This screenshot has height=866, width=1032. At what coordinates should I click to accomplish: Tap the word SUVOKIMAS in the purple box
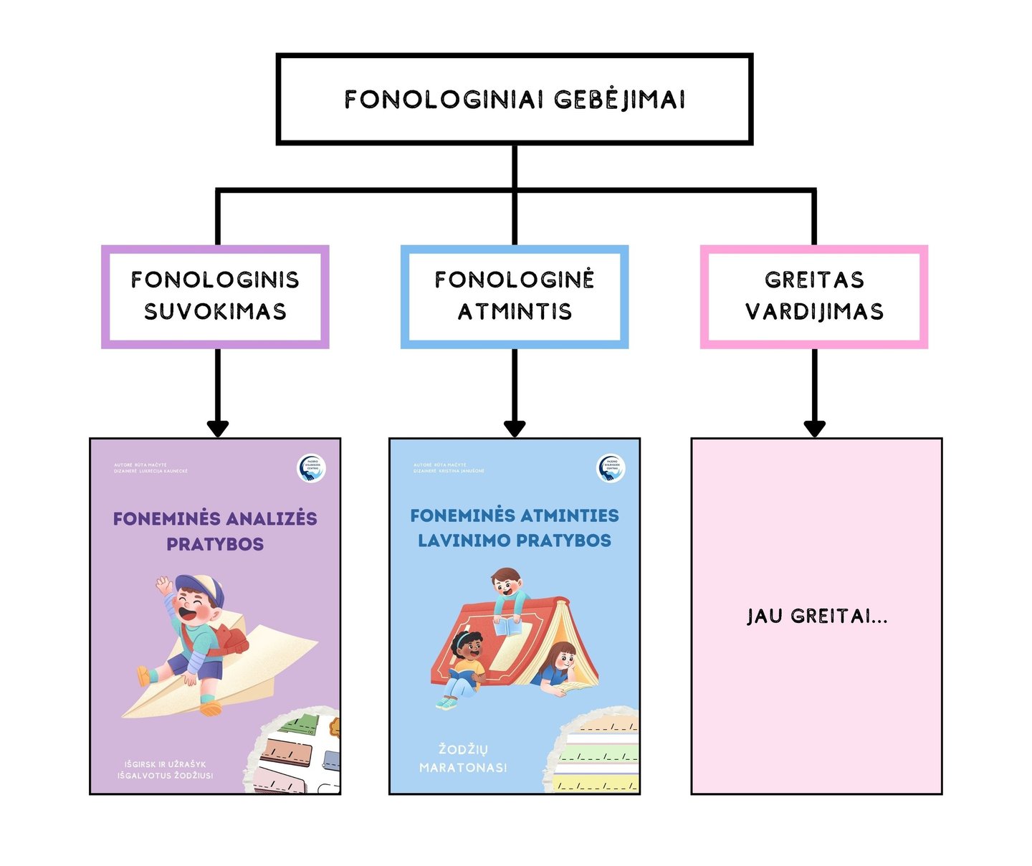pos(215,311)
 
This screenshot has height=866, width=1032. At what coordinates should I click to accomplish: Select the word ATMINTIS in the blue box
pos(515,311)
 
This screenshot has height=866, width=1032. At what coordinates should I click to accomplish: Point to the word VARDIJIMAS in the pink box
pos(814,311)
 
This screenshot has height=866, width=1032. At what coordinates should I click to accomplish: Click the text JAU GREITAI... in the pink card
pos(816,616)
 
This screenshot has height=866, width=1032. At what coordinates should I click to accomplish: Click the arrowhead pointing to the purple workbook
pos(217,428)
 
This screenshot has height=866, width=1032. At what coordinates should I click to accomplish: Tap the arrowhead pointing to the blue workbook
pos(515,428)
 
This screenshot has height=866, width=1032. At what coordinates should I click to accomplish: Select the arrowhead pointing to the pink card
pos(814,428)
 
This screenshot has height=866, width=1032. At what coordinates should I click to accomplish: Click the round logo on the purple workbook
pos(312,468)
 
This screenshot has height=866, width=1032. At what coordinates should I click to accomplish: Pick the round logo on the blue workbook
pos(611,468)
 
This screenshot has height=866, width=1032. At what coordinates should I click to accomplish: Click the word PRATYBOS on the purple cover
pos(215,544)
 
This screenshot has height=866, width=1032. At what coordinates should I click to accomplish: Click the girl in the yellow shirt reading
pos(466,663)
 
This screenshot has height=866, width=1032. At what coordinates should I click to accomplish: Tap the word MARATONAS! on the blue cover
pos(463,768)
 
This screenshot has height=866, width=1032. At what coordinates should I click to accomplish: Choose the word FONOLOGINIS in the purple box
pos(215,280)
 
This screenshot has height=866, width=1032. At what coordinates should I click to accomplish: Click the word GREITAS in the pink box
pos(814,280)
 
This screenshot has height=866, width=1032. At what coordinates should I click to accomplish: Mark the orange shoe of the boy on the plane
pos(211,708)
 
